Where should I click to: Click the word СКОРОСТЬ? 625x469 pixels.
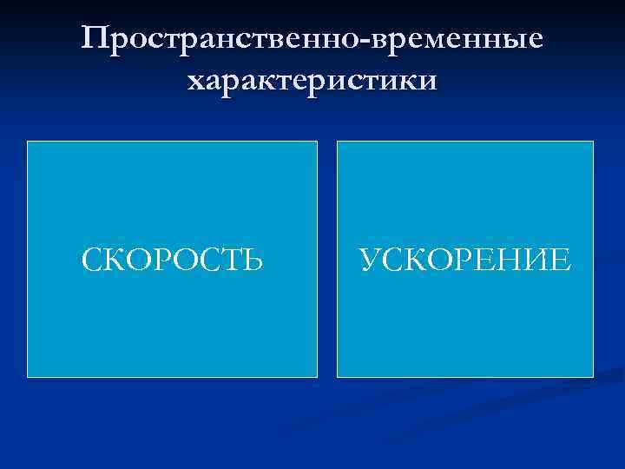coord(172,259)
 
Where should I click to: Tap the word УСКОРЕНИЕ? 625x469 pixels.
coord(465,259)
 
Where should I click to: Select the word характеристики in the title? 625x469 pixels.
coord(312,82)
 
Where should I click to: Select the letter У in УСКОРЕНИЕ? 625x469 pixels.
coord(368,259)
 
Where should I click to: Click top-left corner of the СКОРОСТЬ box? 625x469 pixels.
coord(28,142)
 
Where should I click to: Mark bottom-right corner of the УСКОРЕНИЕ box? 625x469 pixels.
coord(593,376)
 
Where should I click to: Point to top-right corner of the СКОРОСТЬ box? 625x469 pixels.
coord(317,142)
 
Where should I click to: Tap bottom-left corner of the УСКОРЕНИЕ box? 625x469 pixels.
coord(338,376)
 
